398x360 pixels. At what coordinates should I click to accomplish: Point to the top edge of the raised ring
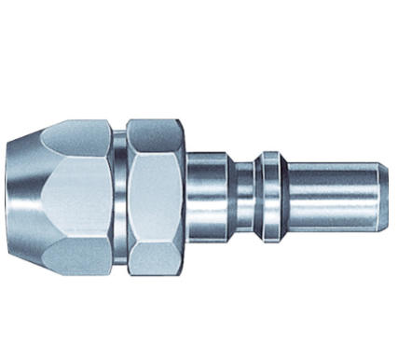point(269,152)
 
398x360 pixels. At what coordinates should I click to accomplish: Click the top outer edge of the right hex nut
point(155,120)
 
